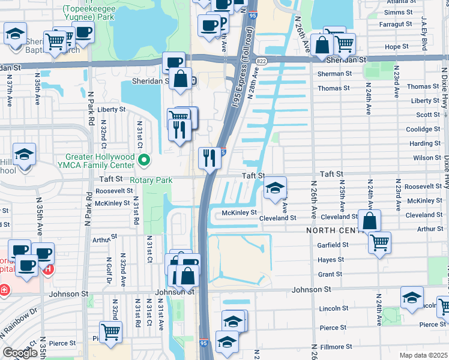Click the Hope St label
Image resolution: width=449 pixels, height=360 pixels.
[396, 46]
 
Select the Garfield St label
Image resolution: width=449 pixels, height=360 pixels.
[333, 245]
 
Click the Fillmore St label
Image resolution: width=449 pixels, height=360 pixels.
[336, 347]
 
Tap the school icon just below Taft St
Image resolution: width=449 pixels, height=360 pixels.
[275, 188]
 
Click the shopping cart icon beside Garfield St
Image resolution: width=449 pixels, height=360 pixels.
[379, 242]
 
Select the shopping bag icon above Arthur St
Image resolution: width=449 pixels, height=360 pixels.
[370, 220]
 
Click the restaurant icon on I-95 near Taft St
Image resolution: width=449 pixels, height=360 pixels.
[209, 158]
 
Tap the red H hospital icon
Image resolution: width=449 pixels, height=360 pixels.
[47, 269]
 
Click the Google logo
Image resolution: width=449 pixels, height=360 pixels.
[20, 352]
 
